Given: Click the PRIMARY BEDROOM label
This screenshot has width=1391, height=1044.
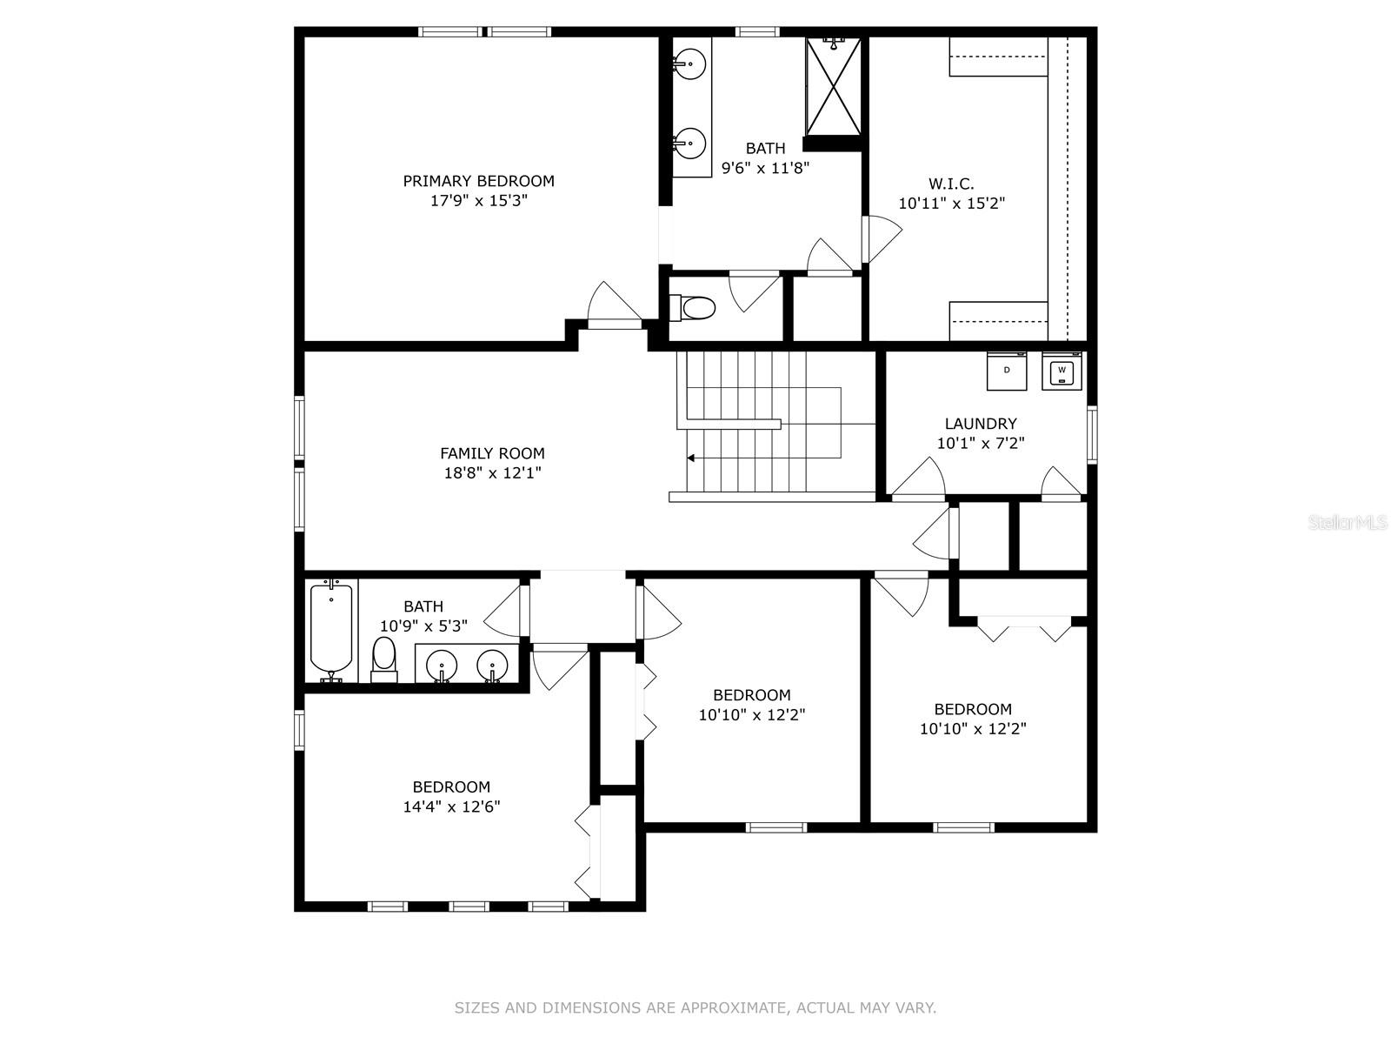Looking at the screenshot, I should [478, 181].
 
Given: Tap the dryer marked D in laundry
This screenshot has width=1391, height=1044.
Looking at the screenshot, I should [1007, 371].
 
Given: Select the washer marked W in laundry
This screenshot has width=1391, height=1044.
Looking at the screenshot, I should [1062, 371].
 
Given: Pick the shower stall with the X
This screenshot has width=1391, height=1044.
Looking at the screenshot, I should [834, 87].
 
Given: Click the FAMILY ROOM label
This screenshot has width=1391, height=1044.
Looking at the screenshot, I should [492, 453].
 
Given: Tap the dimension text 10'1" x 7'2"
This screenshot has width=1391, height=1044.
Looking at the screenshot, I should [981, 443].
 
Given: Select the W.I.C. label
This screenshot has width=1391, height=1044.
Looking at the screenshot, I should [951, 184].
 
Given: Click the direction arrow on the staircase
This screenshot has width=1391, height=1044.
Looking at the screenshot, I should [691, 458].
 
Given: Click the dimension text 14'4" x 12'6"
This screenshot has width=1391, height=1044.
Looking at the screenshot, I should [451, 806].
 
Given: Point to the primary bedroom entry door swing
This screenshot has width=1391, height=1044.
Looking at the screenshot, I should [613, 304].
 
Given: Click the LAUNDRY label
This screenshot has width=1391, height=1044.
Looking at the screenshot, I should [981, 424].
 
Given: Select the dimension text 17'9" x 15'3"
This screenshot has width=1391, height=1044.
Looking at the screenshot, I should [478, 200].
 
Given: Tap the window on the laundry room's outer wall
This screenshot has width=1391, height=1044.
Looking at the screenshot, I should [1092, 433].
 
